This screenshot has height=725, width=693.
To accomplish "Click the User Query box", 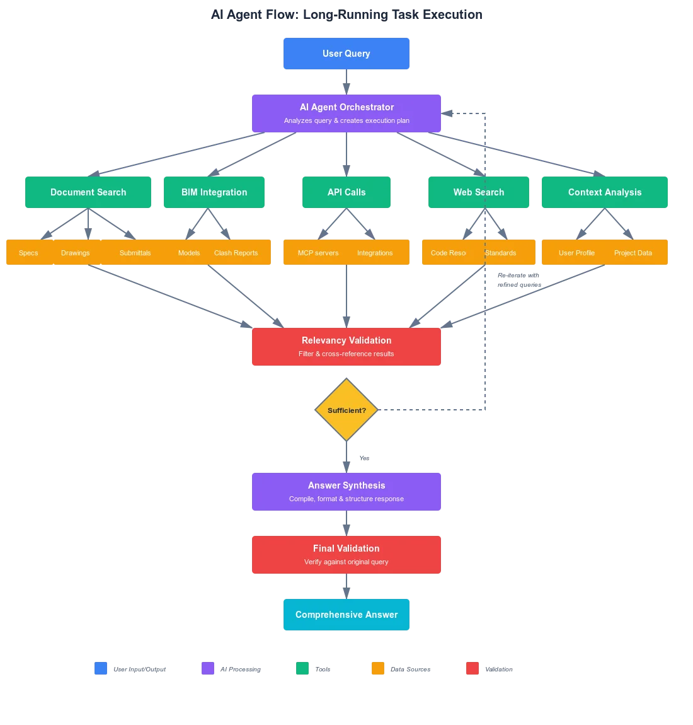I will point(346,54).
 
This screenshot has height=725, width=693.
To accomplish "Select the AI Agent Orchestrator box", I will point(346,113).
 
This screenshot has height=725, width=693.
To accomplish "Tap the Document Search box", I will point(88,193).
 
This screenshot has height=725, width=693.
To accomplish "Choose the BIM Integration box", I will point(214,193).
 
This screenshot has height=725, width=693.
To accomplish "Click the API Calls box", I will point(346,193).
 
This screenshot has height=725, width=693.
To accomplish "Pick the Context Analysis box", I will point(604,193).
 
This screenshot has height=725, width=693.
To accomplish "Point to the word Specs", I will point(28,253).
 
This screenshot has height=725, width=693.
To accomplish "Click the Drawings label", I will point(75,253).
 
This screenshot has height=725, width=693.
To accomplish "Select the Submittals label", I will point(135,253).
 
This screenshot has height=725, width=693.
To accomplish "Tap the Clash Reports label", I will point(236,253).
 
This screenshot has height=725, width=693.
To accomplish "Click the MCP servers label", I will point(318,253).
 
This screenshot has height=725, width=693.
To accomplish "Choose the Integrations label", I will point(375,253).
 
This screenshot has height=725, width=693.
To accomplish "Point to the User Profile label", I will point(576,253).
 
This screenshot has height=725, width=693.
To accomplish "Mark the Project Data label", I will point(633,253).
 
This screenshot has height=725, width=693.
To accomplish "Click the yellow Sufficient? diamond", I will point(346,410).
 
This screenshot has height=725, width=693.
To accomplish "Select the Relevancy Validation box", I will point(346,347).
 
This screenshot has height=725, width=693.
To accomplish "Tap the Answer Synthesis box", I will point(346,491).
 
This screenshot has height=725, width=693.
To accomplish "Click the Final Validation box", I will point(346,554).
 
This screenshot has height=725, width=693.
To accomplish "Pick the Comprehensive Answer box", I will point(346,614).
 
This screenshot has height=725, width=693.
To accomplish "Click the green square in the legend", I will point(303,668).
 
